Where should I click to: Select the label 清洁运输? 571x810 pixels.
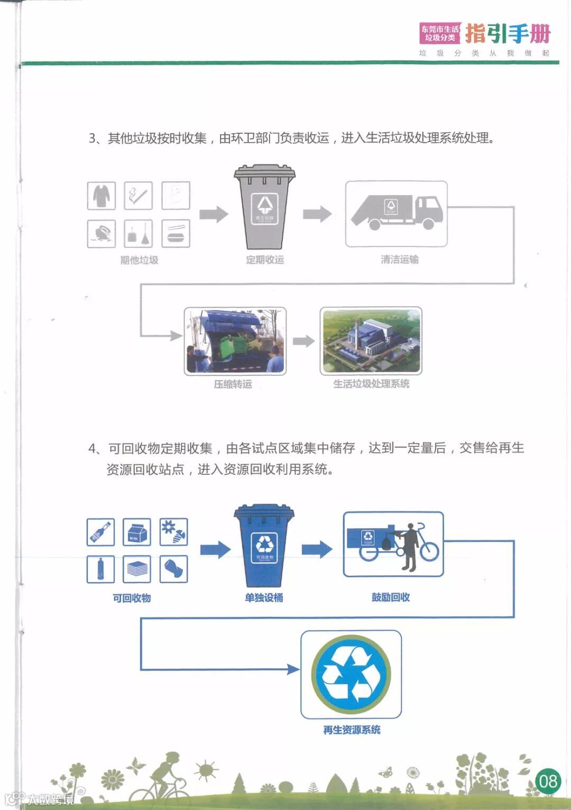pos(400,260)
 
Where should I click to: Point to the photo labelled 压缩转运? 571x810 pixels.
pos(235,342)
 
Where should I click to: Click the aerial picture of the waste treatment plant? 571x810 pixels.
pos(371,341)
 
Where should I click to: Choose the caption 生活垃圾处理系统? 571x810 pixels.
pos(371,384)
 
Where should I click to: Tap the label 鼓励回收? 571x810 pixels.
pos(391,597)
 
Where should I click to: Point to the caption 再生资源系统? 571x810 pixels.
pos(352,730)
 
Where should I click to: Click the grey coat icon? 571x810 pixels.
pos(102,196)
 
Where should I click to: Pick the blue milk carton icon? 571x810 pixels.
pos(137,532)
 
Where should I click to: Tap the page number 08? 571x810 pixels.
pos(547,781)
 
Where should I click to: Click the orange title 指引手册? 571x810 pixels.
pos(508,34)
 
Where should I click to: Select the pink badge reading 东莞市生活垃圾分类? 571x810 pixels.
pos(440,33)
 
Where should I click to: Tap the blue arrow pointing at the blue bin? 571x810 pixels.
pos(215,550)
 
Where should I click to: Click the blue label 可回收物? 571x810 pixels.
pos(132,598)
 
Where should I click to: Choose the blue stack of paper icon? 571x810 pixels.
pos(137,569)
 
